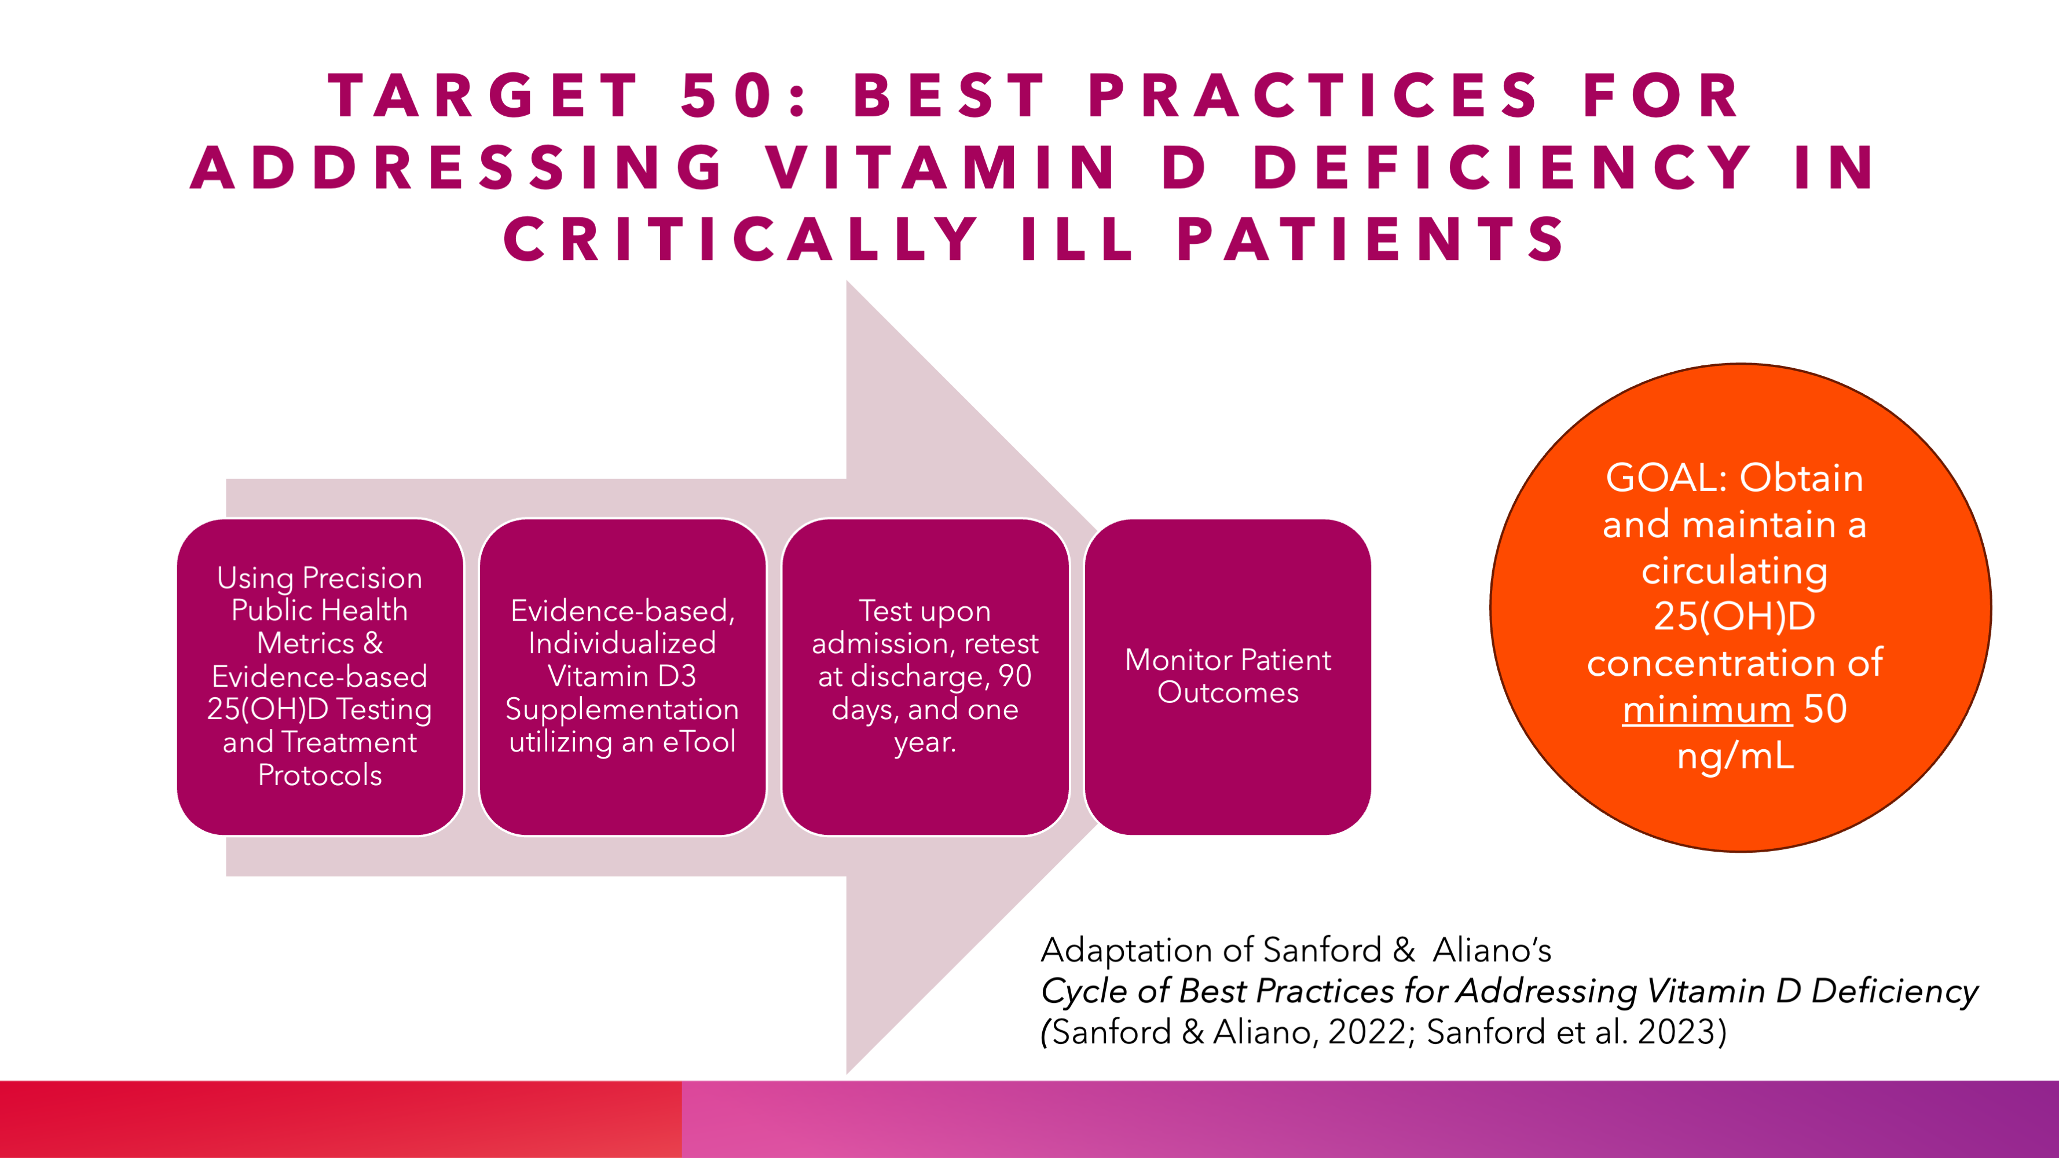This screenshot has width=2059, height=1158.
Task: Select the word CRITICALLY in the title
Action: point(740,239)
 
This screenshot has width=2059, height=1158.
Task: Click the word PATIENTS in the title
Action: point(1370,239)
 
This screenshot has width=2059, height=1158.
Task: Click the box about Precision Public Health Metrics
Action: point(320,677)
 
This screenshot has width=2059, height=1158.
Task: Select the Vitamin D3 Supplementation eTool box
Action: point(622,677)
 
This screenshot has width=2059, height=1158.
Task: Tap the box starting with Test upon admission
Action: point(925,677)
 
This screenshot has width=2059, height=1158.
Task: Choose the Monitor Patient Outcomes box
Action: point(1228,677)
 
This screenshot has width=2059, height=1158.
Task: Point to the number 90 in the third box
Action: point(1015,677)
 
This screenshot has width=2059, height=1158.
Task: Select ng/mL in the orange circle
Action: point(1735,756)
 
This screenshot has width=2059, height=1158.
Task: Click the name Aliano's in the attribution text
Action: point(1492,950)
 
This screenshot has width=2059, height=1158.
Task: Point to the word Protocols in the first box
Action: point(320,776)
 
